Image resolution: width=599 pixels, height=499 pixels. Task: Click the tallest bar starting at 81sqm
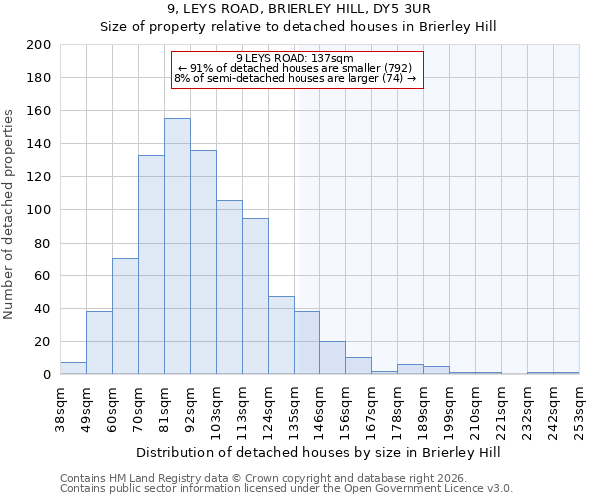177,247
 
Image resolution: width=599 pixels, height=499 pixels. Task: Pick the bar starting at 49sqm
99,343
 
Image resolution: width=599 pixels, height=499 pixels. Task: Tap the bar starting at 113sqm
255,296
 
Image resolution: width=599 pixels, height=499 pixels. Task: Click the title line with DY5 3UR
299,9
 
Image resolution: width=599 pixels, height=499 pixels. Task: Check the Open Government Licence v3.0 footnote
287,488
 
